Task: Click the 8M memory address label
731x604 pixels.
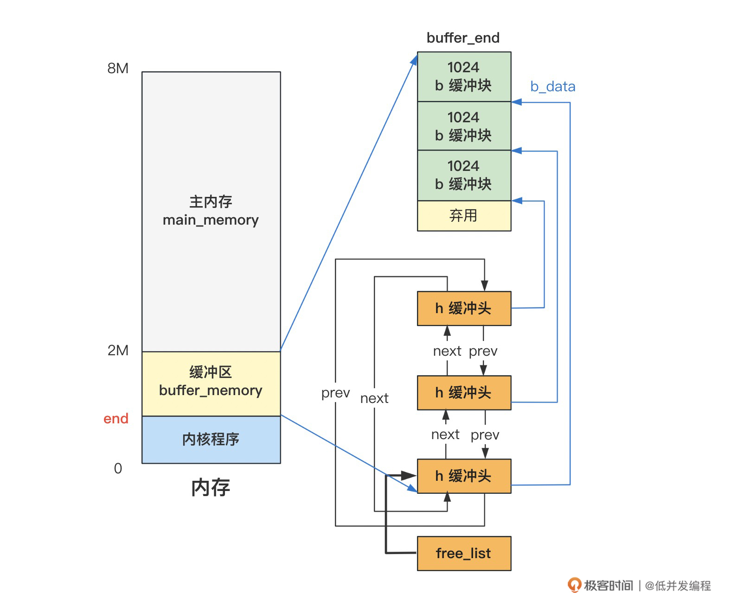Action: [x=118, y=69]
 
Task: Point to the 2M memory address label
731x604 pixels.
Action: [x=118, y=351]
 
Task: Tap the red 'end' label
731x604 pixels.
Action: [x=115, y=419]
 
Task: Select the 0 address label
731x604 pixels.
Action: [x=118, y=468]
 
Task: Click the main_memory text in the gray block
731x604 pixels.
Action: [x=211, y=220]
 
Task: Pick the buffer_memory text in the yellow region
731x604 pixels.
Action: [x=211, y=390]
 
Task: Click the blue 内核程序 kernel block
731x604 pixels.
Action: [x=211, y=439]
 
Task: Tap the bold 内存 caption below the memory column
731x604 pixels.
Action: [x=211, y=488]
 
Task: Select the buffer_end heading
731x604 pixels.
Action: [x=463, y=38]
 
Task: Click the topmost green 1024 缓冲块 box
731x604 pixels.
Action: [x=464, y=76]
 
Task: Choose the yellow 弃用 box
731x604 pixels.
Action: [x=464, y=215]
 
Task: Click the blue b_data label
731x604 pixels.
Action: [x=552, y=87]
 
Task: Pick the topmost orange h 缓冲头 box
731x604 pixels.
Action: [x=464, y=308]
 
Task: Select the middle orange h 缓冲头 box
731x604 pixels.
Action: [x=464, y=393]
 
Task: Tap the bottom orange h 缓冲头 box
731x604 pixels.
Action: [x=464, y=476]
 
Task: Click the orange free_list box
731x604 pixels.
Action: [x=464, y=554]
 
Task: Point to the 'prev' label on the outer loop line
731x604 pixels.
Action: [x=335, y=393]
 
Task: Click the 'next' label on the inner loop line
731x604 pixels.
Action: [x=374, y=398]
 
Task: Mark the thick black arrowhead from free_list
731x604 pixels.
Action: [x=409, y=476]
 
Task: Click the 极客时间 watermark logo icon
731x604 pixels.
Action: [x=574, y=585]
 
